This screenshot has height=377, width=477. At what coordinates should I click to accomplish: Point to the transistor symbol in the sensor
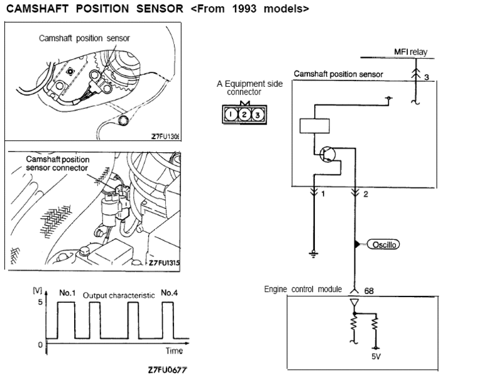[328, 155]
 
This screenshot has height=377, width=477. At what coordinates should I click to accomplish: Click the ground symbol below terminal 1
[312, 254]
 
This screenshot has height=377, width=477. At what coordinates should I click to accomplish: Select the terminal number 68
[369, 291]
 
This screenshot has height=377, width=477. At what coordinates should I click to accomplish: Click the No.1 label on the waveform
[67, 293]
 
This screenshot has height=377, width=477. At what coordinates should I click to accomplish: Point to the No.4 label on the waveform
[169, 293]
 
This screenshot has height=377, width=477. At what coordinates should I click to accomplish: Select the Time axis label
[174, 351]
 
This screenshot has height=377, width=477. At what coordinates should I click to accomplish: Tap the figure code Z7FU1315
[165, 263]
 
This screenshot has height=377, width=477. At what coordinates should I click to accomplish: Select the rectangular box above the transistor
[315, 125]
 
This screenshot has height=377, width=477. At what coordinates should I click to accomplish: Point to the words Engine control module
[302, 290]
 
